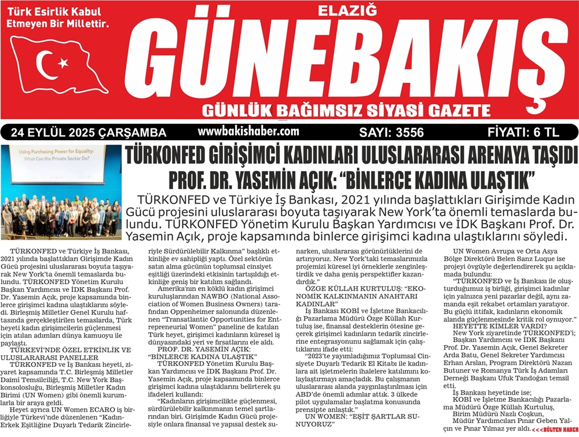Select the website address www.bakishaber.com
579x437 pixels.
[248, 131]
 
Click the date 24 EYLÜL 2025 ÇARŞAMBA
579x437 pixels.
[89, 133]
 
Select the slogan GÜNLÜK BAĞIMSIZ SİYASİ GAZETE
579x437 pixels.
[342, 110]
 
